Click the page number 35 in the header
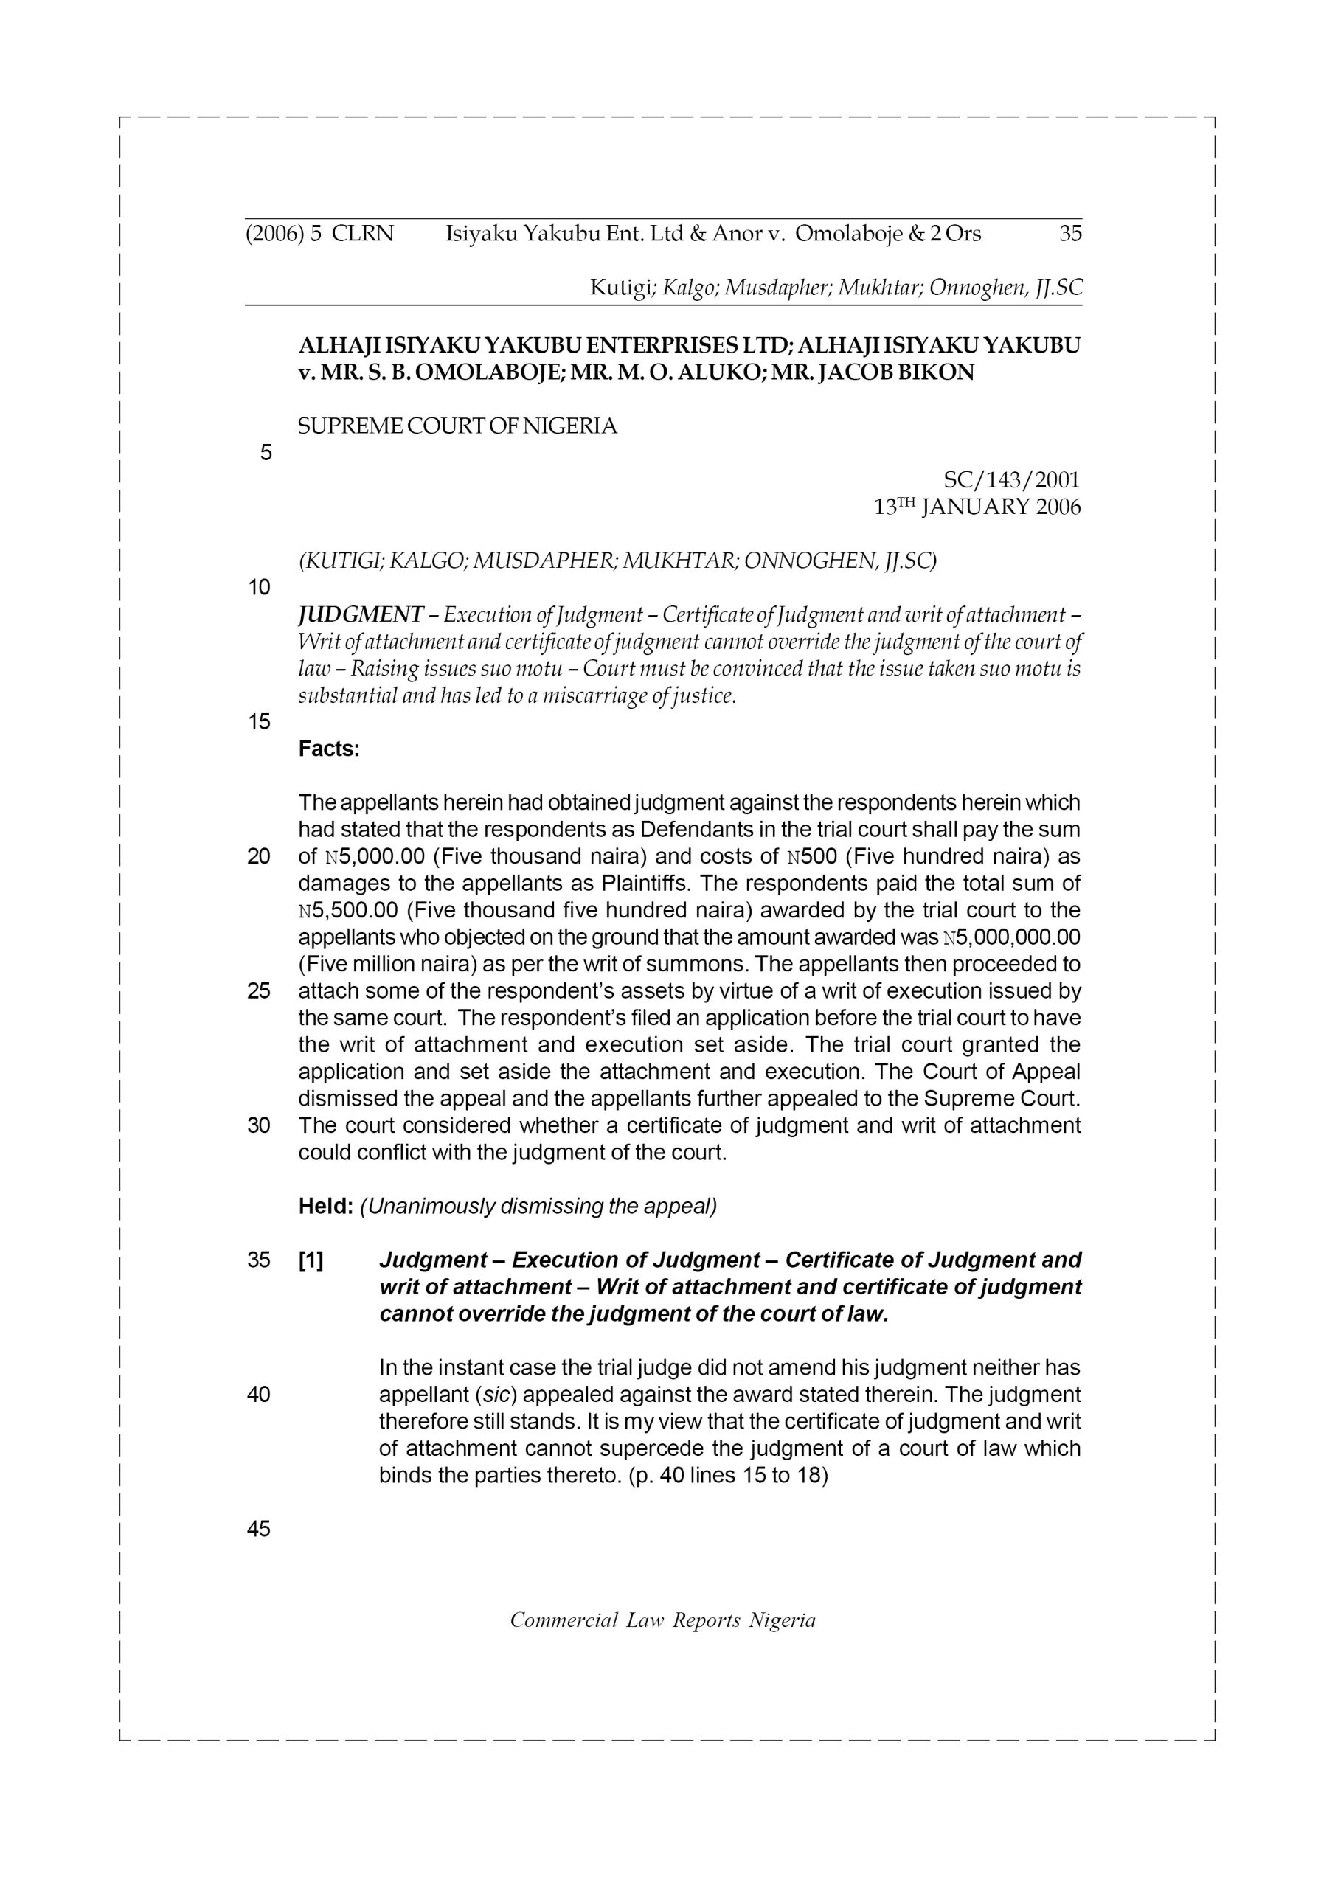[1070, 235]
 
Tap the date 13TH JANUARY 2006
[977, 507]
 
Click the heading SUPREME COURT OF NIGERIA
[457, 427]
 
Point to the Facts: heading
[329, 749]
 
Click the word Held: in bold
[326, 1207]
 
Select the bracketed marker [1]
[311, 1260]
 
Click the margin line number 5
[265, 453]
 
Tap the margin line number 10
[259, 587]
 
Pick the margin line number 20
[259, 857]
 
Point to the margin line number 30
[259, 1125]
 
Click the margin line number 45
[259, 1529]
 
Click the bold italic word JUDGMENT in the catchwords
[360, 614]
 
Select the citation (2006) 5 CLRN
[320, 235]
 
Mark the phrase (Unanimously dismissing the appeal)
[538, 1207]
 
